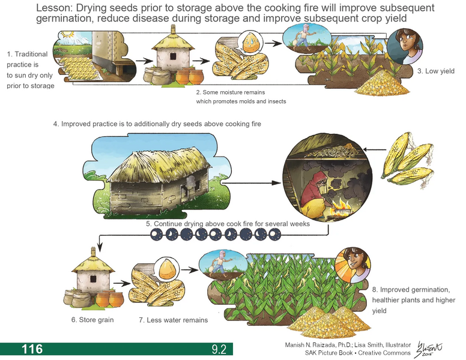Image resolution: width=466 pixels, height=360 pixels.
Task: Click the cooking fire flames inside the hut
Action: click(x=344, y=206)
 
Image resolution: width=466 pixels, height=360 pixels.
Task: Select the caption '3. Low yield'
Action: click(x=435, y=71)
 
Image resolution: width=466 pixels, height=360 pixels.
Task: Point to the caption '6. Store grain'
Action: click(x=92, y=320)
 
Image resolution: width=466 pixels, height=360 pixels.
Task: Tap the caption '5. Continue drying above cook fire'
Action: click(x=228, y=224)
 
